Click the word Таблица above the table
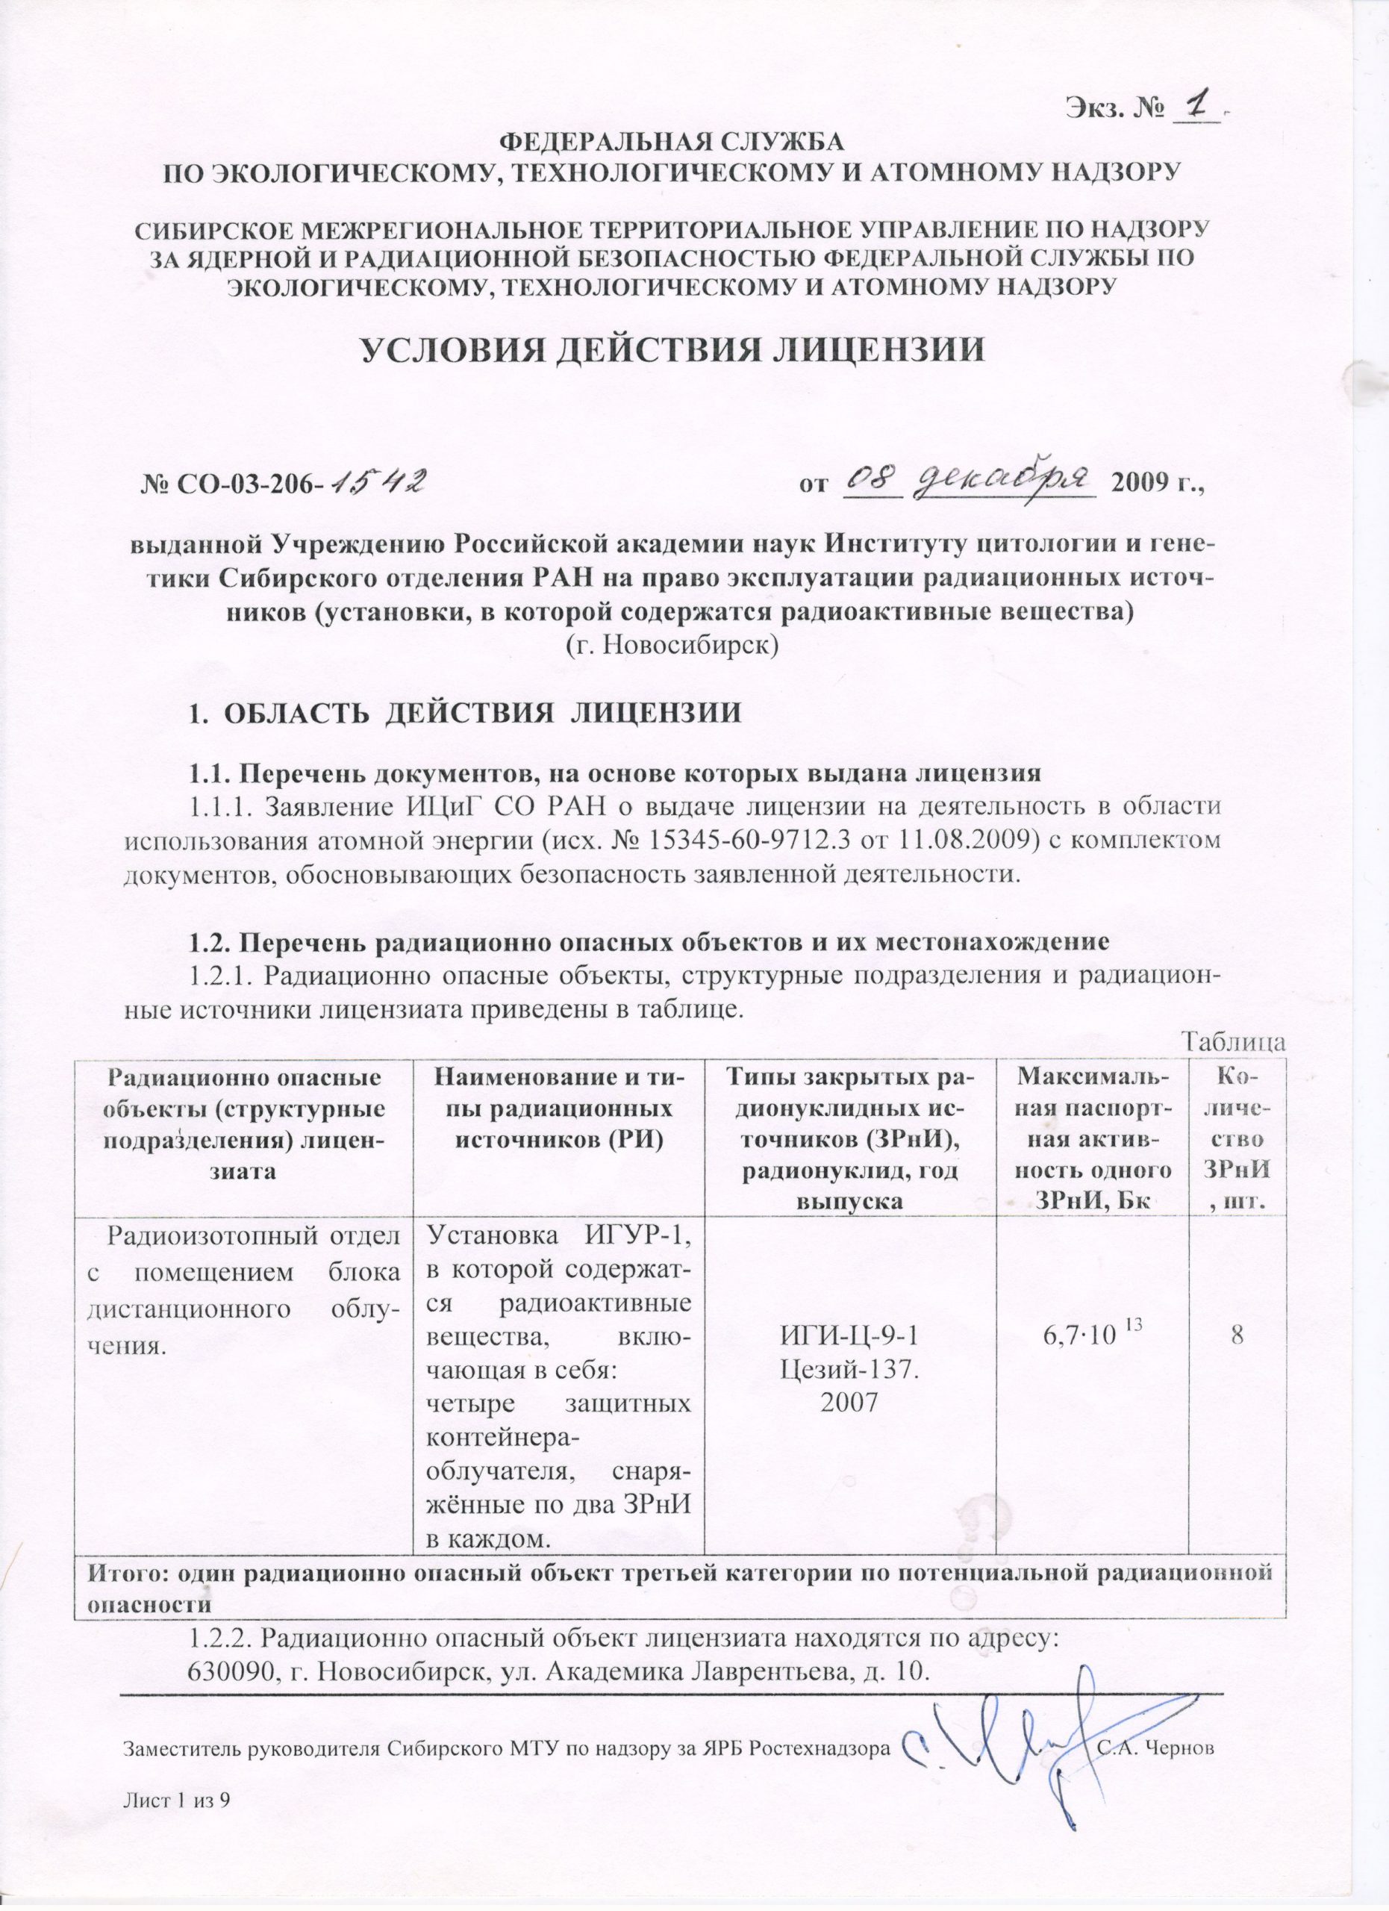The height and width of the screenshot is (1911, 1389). point(1234,1041)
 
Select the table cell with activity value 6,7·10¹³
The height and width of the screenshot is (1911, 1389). point(1090,1335)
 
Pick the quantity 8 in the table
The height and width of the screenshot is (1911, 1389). point(1237,1335)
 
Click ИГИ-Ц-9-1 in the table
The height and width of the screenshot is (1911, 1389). point(850,1336)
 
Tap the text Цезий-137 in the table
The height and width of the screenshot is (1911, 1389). point(850,1368)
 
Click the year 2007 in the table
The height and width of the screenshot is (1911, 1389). point(850,1401)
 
